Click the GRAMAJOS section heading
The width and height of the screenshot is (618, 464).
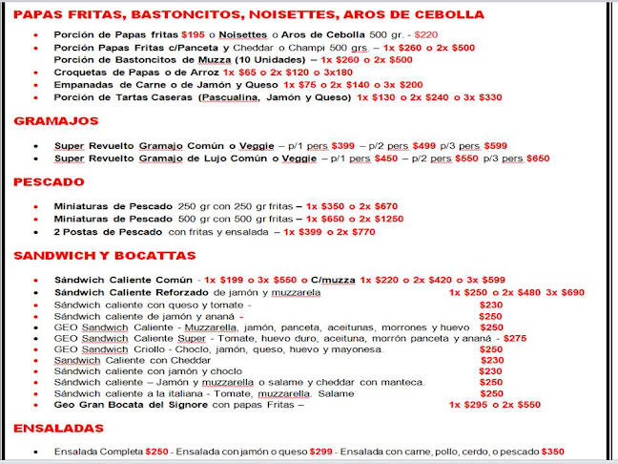[56, 121]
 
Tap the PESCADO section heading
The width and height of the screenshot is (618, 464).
[49, 181]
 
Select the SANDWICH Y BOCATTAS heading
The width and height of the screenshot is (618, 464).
[104, 255]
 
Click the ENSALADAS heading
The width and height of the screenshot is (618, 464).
[59, 429]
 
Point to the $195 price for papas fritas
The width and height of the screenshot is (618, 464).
[195, 33]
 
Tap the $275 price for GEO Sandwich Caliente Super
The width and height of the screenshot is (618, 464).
[514, 338]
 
